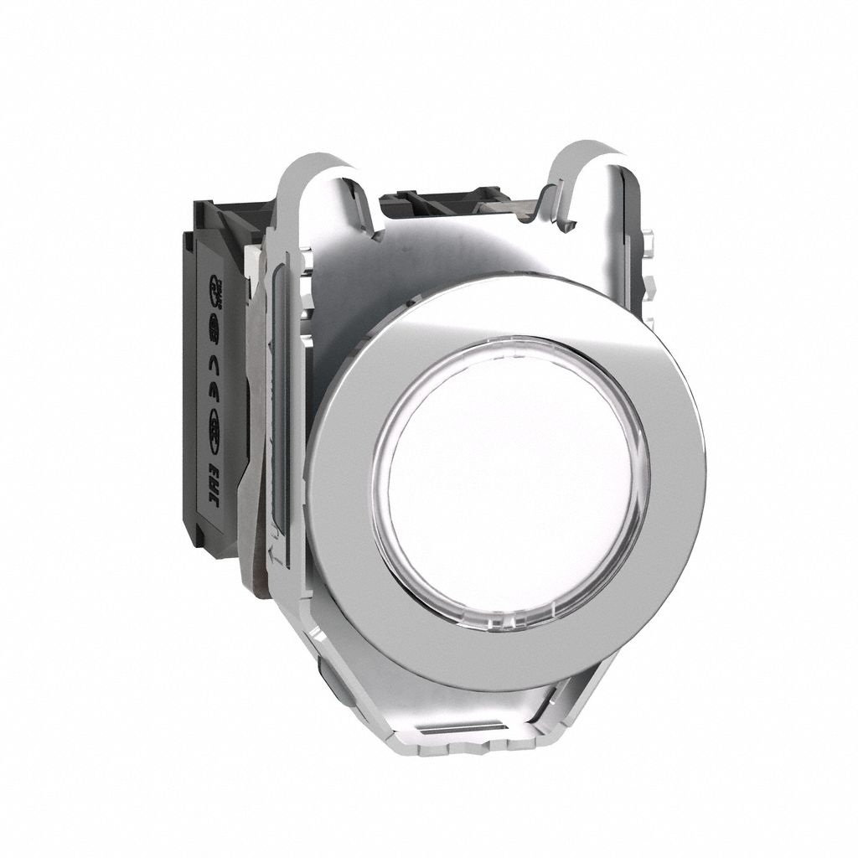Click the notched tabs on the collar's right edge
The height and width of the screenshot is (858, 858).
coord(652,277)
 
